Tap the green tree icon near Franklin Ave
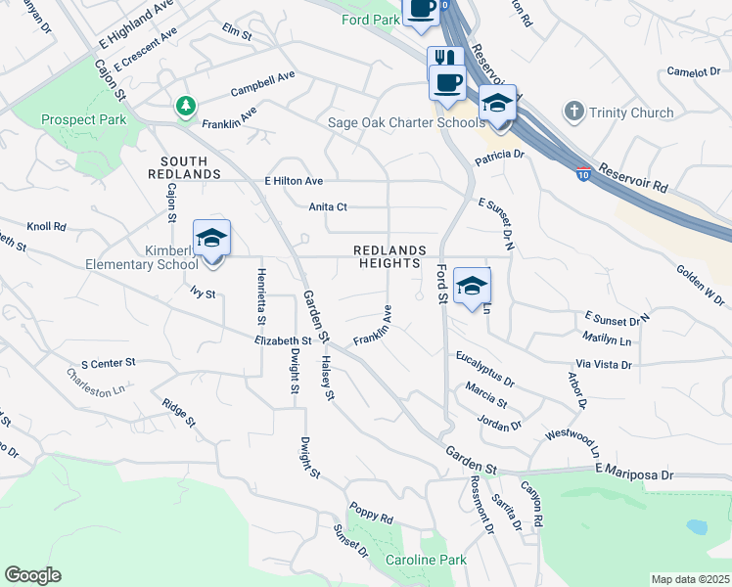[x=185, y=105]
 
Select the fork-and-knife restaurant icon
[x=445, y=58]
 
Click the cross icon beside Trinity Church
[x=574, y=113]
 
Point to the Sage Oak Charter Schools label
[x=403, y=123]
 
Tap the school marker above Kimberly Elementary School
[x=211, y=238]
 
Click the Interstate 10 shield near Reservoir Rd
[x=582, y=172]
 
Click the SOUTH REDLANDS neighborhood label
[x=184, y=167]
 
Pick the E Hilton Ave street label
[x=294, y=181]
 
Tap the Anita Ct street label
[x=328, y=207]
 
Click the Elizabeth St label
[x=282, y=341]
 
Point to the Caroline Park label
[x=426, y=560]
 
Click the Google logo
[x=32, y=575]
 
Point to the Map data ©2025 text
[x=689, y=579]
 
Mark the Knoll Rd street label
[x=46, y=226]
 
